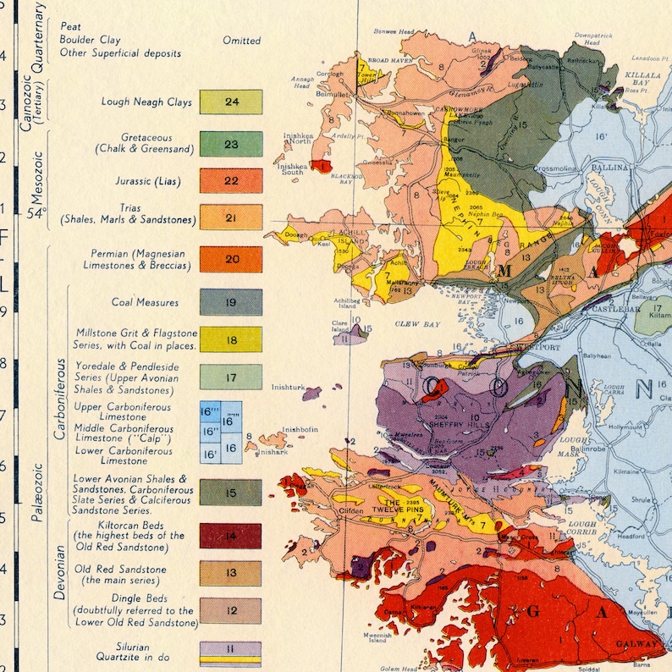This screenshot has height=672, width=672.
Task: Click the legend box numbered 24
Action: [x=231, y=102]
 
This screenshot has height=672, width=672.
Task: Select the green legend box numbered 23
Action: [x=231, y=144]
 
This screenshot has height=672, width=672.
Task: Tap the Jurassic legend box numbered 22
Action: [x=231, y=181]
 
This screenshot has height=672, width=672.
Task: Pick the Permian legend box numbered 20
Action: [x=231, y=259]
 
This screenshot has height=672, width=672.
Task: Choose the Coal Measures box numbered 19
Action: [x=231, y=302]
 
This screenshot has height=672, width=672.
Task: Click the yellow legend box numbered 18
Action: [x=231, y=340]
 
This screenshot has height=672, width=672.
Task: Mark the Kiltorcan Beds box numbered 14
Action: [x=231, y=536]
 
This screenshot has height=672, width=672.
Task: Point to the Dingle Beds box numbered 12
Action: [x=231, y=610]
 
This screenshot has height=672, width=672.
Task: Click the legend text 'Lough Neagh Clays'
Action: [x=146, y=102]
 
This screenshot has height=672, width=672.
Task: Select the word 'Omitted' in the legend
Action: [x=241, y=41]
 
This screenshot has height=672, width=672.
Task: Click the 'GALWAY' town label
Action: [x=642, y=645]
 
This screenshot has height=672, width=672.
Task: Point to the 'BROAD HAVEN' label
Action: [x=388, y=62]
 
